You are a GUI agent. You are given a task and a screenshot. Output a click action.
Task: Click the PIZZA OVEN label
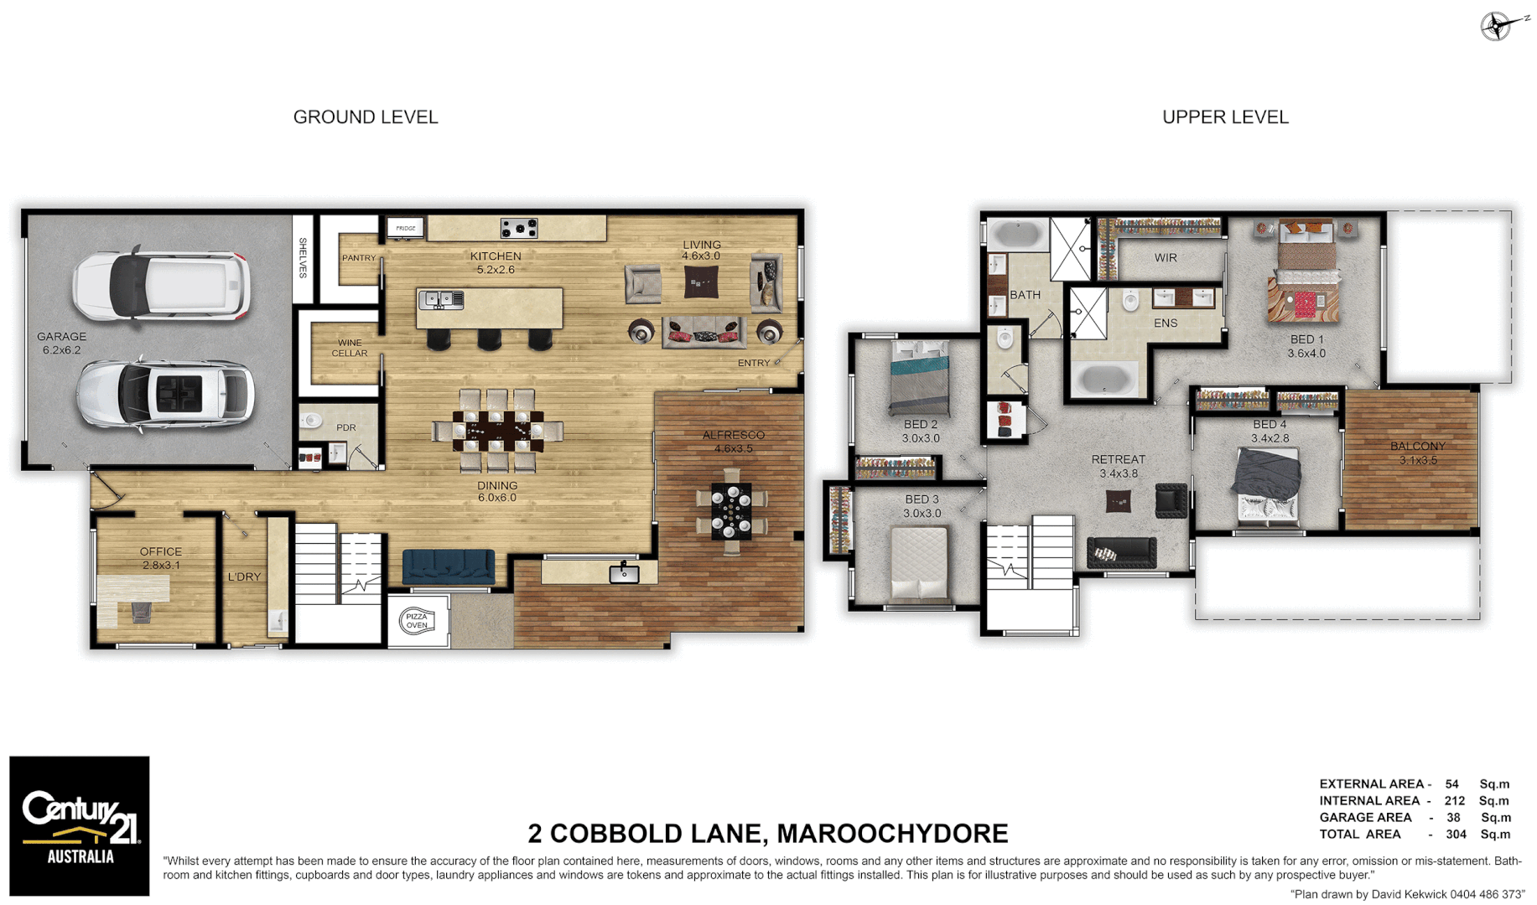[x=417, y=621]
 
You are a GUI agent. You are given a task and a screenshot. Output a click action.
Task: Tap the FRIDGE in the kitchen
[x=406, y=228]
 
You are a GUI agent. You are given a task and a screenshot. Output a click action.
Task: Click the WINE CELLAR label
[x=349, y=348]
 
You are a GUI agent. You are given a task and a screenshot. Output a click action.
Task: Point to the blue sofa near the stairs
[x=449, y=566]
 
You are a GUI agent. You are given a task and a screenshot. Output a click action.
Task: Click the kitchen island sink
[x=440, y=299]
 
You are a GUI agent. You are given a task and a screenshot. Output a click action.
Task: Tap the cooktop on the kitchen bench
[x=519, y=227]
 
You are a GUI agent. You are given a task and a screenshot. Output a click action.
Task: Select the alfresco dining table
[x=732, y=510]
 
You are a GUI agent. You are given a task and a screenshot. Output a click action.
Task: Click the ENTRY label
[x=753, y=363]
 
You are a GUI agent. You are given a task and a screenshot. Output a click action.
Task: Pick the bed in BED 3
[x=920, y=562]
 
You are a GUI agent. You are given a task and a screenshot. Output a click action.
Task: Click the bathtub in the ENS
[x=1104, y=379]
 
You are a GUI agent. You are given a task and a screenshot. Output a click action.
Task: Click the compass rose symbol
[x=1497, y=26]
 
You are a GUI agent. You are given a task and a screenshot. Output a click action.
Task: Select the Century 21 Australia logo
[x=80, y=826]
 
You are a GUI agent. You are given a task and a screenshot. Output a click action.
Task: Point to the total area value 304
[x=1456, y=834]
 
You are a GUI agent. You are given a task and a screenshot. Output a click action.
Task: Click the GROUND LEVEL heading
[x=366, y=117]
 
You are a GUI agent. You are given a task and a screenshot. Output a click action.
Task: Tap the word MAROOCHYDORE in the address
[x=892, y=834]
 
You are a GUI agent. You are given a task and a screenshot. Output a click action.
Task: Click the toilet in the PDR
[x=312, y=420]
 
